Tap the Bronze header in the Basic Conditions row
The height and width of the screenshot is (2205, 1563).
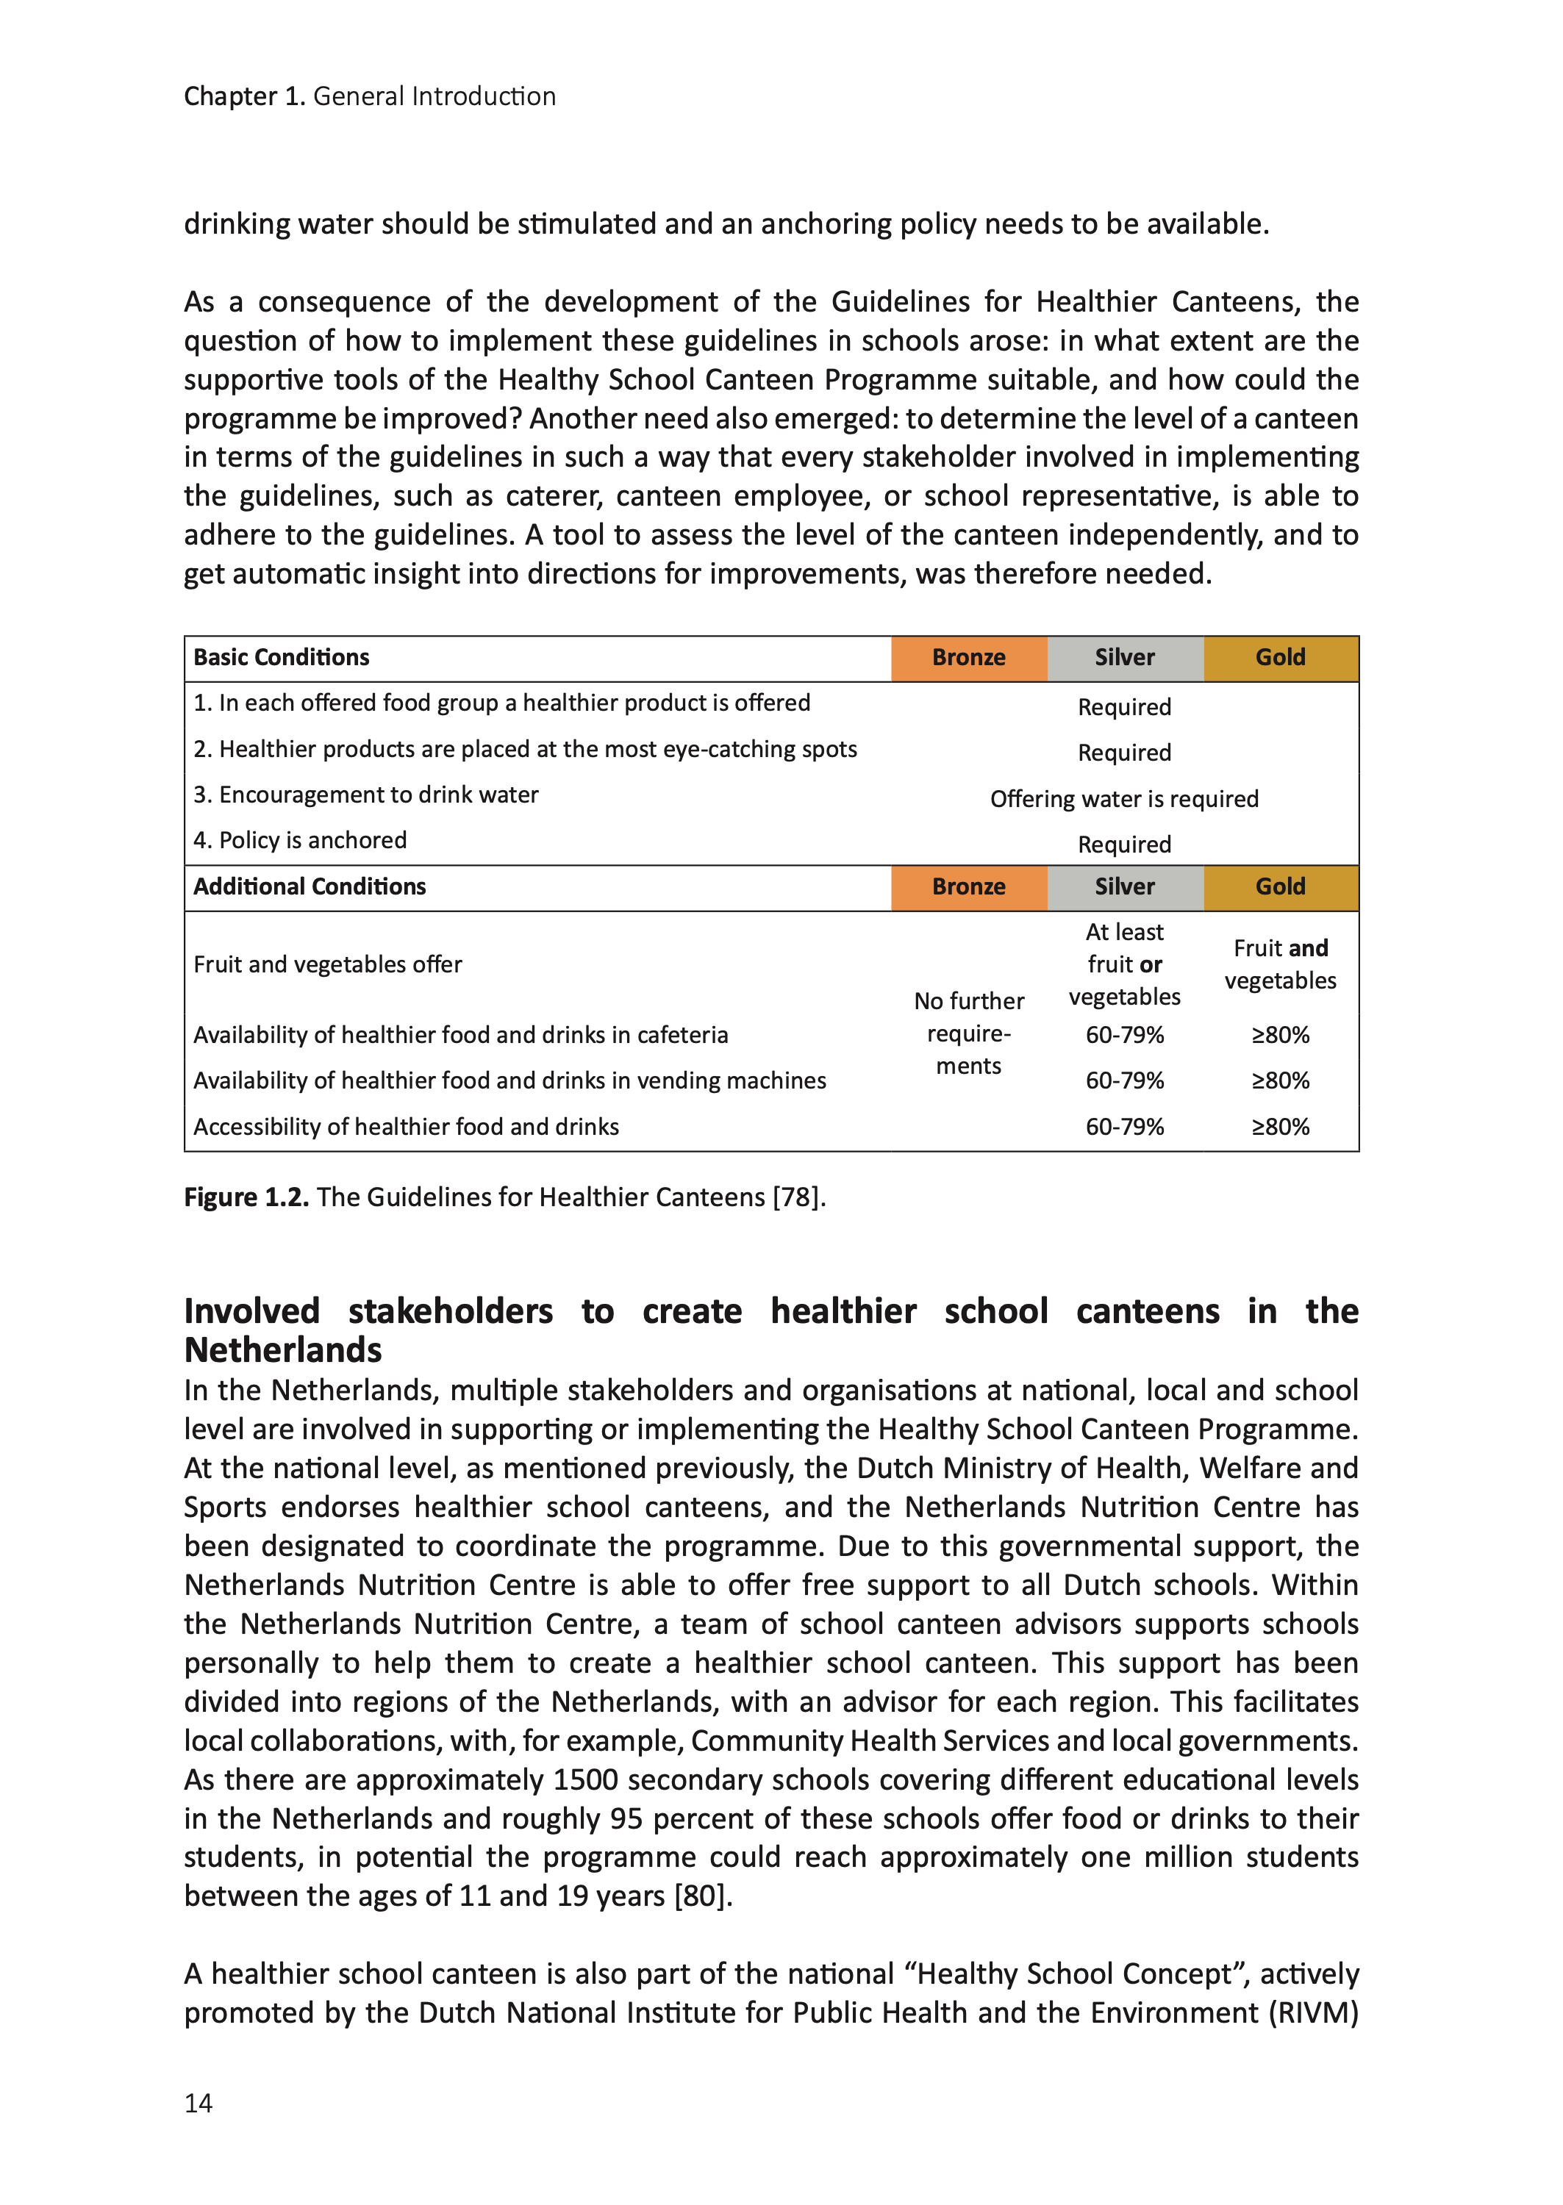click(x=968, y=658)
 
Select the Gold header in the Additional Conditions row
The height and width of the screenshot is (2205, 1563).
click(x=1280, y=887)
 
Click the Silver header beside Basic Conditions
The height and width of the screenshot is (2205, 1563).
click(x=1124, y=658)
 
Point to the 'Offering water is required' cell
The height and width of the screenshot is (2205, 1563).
click(x=1124, y=800)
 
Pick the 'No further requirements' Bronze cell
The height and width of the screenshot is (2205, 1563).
click(x=968, y=1033)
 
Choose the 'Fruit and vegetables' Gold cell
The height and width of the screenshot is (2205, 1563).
click(x=1280, y=964)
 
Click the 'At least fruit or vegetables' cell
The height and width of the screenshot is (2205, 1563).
click(x=1124, y=964)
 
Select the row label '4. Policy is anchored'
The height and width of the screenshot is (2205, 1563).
click(x=300, y=841)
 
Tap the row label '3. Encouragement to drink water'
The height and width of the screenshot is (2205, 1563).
click(x=365, y=795)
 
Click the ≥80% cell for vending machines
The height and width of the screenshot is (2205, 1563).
click(x=1280, y=1081)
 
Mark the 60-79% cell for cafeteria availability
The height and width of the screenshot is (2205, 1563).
click(x=1124, y=1035)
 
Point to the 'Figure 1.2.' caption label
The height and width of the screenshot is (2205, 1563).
click(x=246, y=1198)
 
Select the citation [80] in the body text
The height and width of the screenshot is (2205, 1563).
click(x=701, y=1896)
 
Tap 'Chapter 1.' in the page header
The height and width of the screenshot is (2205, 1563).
click(x=245, y=96)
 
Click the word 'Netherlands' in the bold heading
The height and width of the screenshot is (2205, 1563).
click(x=283, y=1351)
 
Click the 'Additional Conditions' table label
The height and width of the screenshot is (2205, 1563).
click(x=310, y=887)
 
